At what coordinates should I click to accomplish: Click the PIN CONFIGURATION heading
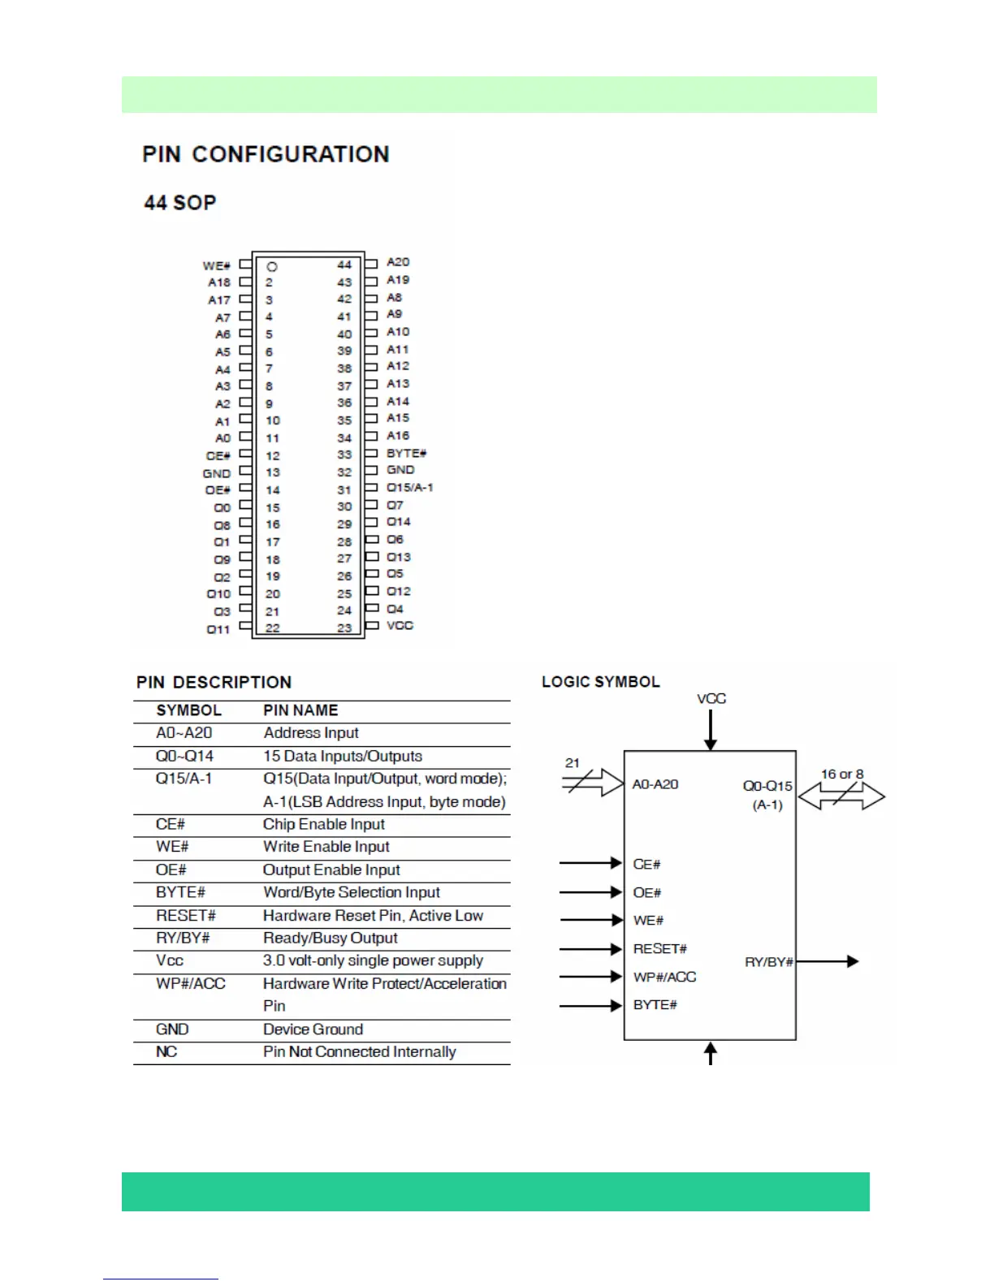(266, 154)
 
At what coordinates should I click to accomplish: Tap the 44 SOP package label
(180, 203)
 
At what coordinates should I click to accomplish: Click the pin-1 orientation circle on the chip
(272, 266)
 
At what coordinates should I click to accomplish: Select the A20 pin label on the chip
(398, 262)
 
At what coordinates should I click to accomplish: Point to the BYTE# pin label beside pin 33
(406, 453)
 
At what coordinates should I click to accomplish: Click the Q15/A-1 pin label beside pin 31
(409, 487)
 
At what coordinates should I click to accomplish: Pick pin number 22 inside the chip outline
(272, 628)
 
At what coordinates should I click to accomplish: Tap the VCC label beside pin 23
(400, 625)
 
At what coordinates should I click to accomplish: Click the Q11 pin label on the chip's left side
(218, 629)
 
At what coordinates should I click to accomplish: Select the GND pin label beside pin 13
(217, 473)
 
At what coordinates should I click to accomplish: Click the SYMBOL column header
(188, 710)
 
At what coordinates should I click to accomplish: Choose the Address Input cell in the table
(311, 733)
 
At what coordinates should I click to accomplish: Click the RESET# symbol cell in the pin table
(186, 916)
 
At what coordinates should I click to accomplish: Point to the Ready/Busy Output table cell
(330, 939)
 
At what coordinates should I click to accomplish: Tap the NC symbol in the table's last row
(166, 1052)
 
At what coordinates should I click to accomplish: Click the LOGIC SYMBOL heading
(601, 682)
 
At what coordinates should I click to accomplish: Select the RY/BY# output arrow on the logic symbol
(827, 962)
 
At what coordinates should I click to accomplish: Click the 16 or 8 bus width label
(842, 775)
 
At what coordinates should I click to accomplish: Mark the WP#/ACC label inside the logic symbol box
(664, 977)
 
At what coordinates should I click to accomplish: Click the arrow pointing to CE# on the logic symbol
(590, 863)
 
